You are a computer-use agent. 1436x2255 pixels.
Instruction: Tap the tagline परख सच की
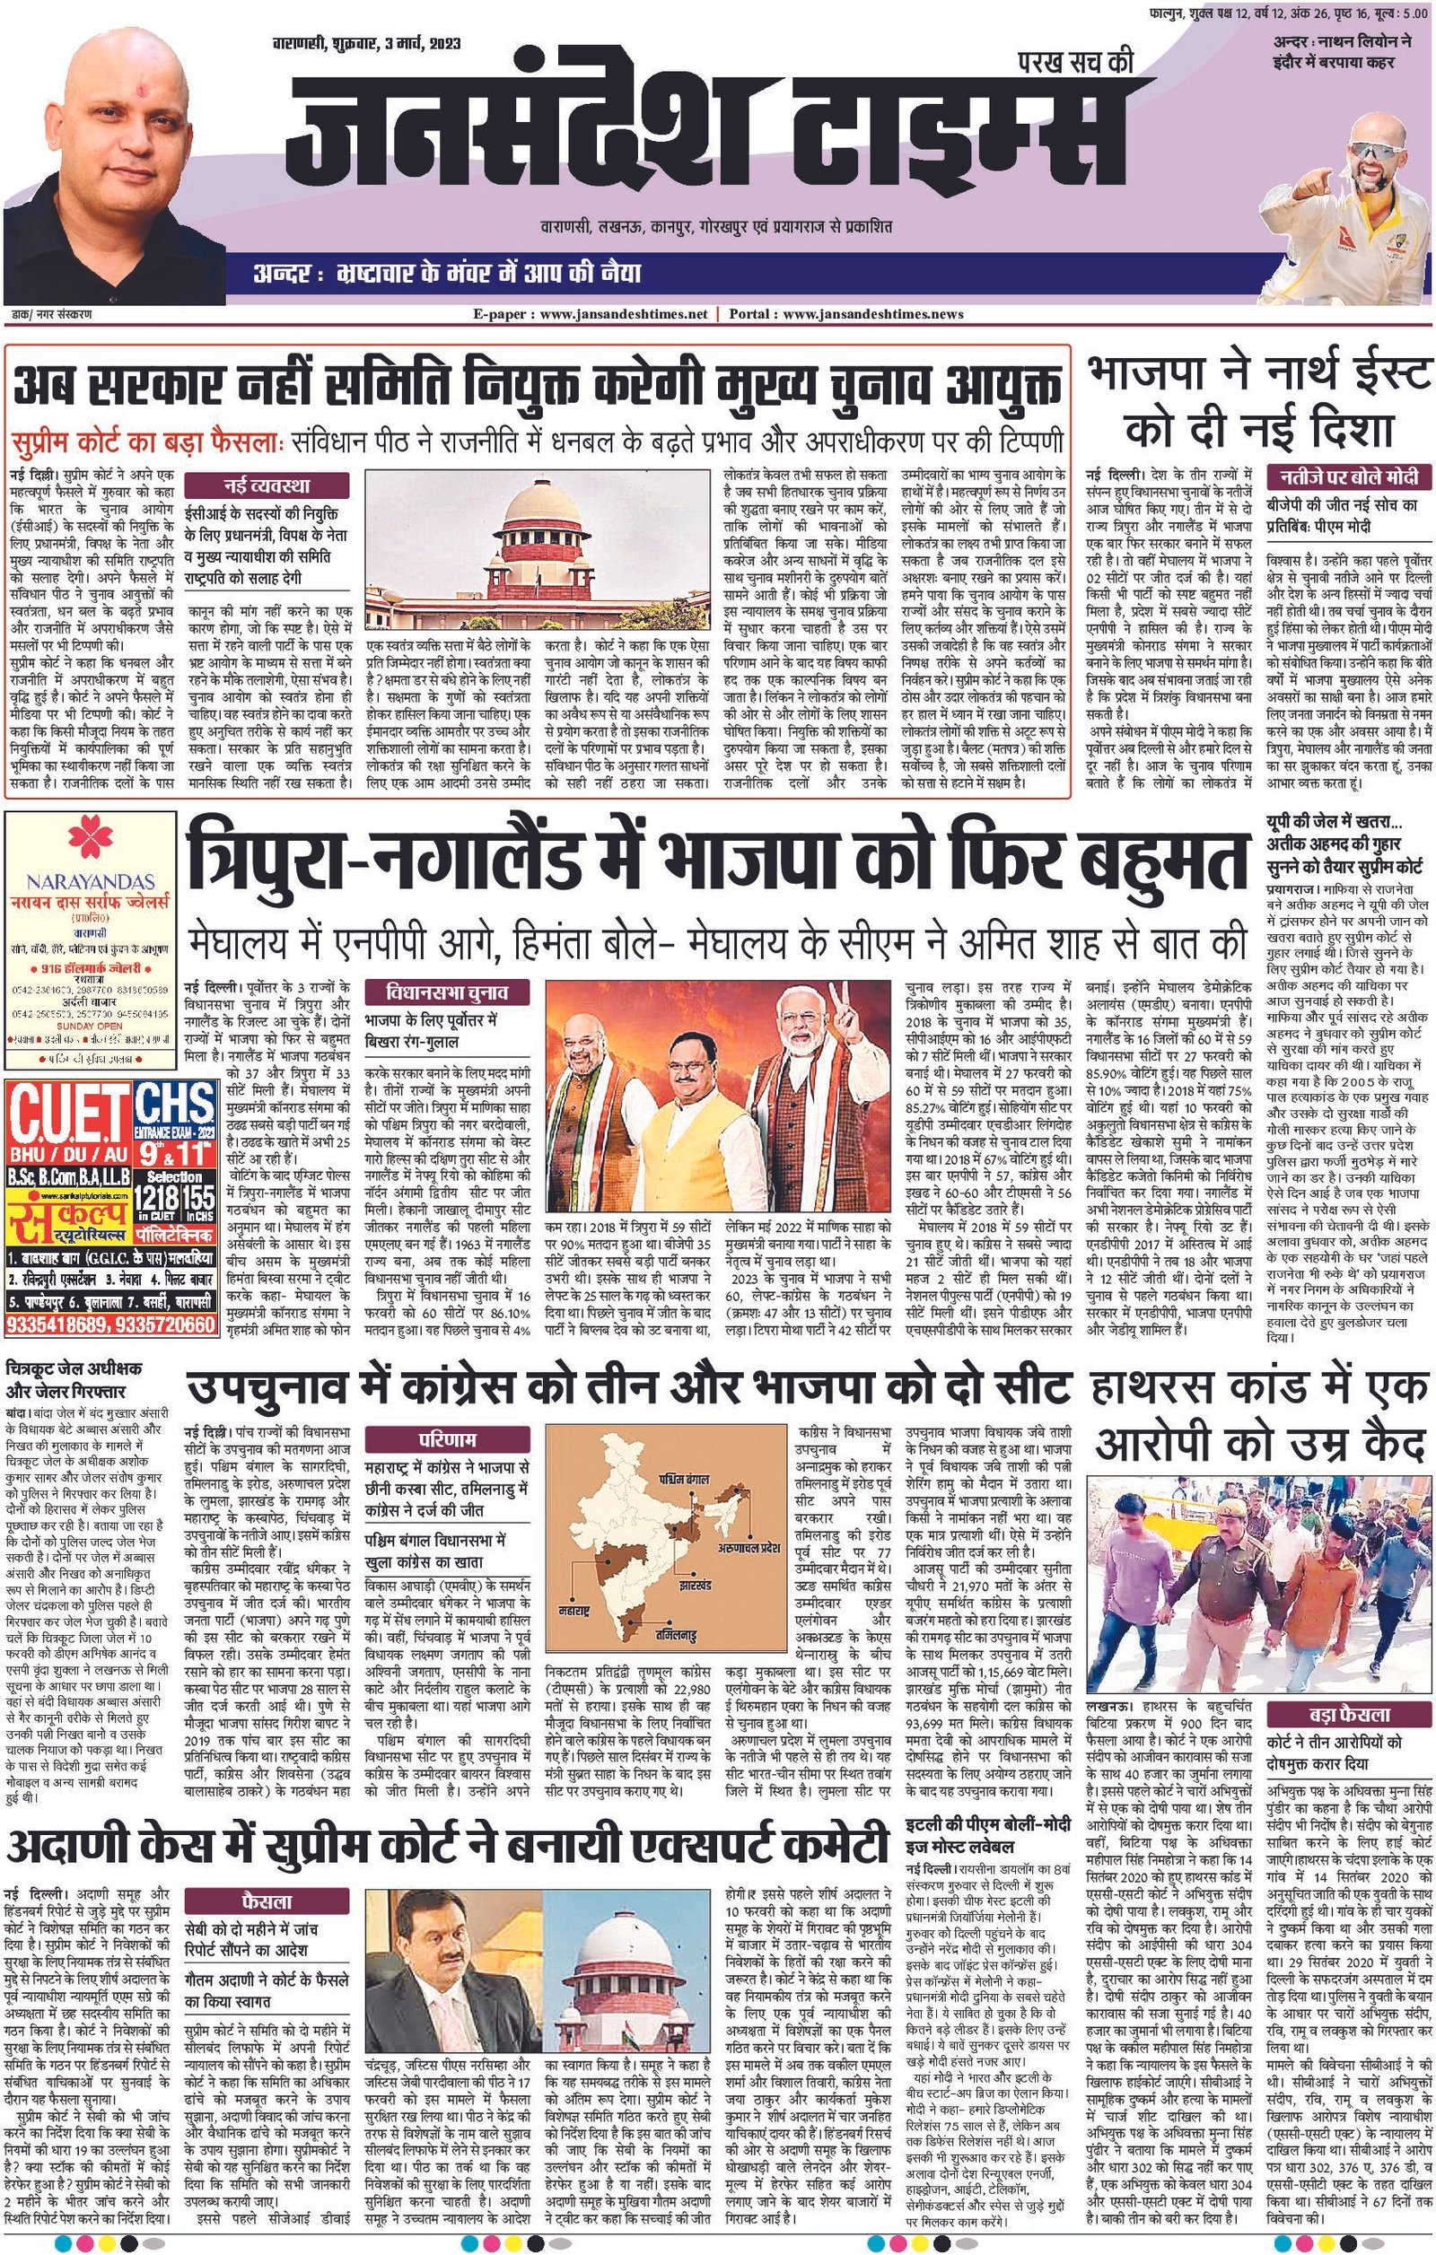[x=1076, y=63]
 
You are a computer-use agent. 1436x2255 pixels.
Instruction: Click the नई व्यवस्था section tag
[x=266, y=485]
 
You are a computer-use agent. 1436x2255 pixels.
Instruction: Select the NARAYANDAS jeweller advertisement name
[x=90, y=881]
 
